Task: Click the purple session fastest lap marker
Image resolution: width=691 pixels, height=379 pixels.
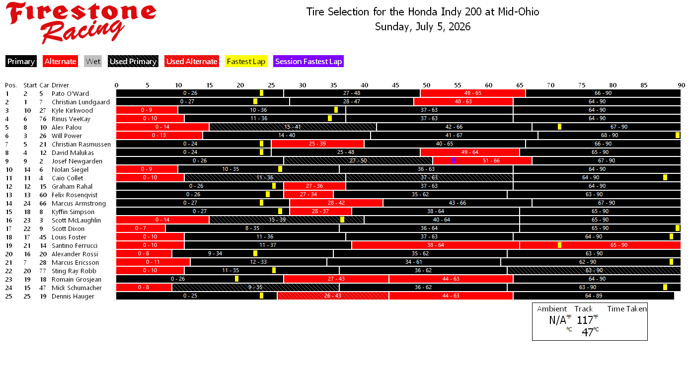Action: pyautogui.click(x=454, y=160)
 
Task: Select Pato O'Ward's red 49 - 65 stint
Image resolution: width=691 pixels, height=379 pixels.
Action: pyautogui.click(x=472, y=93)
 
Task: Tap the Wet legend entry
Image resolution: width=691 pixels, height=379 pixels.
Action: pyautogui.click(x=93, y=62)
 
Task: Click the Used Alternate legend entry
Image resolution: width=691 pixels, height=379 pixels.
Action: pyautogui.click(x=192, y=62)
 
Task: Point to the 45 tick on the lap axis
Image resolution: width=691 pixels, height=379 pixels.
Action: pyautogui.click(x=395, y=85)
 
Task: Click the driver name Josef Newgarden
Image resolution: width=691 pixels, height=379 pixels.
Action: pyautogui.click(x=77, y=161)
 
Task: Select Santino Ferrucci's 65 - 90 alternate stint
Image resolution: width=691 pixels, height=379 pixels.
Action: pyautogui.click(x=600, y=245)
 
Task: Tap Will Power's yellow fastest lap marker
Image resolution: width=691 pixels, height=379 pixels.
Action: pyautogui.click(x=678, y=136)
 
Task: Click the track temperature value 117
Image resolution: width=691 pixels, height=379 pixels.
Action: pyautogui.click(x=585, y=320)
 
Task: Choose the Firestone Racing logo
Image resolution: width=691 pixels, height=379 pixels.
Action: pyautogui.click(x=81, y=22)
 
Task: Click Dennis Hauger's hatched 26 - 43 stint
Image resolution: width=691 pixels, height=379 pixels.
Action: pyautogui.click(x=333, y=296)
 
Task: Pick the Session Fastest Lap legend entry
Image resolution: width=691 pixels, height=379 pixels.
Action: pyautogui.click(x=308, y=62)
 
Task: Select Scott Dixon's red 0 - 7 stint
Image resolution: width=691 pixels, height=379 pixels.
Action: pyautogui.click(x=141, y=228)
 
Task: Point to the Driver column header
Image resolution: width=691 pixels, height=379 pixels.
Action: pyautogui.click(x=60, y=85)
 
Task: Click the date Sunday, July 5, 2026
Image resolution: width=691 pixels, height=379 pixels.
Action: pyautogui.click(x=423, y=27)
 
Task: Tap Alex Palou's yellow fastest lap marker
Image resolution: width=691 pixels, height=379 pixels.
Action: pyautogui.click(x=559, y=127)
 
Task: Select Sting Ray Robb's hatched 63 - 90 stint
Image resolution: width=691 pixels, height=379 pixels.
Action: pyautogui.click(x=594, y=270)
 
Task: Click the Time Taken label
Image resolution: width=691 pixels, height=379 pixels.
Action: pyautogui.click(x=627, y=308)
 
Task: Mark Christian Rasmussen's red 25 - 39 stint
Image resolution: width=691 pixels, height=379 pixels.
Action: pyautogui.click(x=317, y=144)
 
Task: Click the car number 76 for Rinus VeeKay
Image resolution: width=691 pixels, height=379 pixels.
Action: pyautogui.click(x=43, y=119)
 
